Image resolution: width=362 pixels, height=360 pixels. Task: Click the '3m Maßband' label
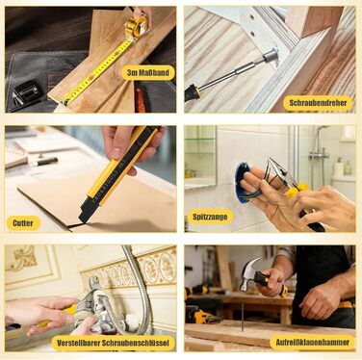tap(148, 73)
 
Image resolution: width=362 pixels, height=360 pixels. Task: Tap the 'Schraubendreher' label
tap(318, 103)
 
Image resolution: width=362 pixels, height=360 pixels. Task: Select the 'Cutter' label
tap(23, 223)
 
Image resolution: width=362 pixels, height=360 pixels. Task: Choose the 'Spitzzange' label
tap(210, 217)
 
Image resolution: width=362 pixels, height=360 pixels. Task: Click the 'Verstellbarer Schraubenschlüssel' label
tap(113, 343)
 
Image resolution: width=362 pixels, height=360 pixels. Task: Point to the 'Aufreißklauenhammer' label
tap(313, 342)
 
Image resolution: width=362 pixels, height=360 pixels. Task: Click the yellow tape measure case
tap(137, 27)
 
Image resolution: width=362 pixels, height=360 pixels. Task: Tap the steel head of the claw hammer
tap(248, 273)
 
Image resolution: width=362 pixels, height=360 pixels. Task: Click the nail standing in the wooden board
tap(242, 315)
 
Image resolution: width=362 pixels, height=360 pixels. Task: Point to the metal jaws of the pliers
tap(279, 171)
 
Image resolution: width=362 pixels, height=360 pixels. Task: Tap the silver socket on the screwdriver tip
tap(271, 55)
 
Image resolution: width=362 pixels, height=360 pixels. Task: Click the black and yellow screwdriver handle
tap(192, 92)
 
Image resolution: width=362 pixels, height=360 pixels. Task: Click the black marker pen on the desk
tap(45, 162)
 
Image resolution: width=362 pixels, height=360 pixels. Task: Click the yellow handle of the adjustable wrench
tap(60, 315)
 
